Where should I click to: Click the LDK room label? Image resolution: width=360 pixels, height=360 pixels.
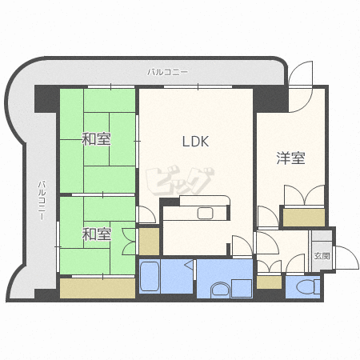(195, 142)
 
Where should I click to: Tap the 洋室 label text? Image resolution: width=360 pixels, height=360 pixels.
(290, 158)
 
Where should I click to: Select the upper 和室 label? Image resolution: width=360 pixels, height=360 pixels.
(96, 139)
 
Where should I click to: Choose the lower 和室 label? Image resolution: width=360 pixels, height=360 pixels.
(96, 234)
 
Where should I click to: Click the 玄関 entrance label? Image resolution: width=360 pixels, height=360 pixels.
(322, 256)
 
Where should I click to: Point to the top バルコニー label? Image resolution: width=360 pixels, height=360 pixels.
(168, 72)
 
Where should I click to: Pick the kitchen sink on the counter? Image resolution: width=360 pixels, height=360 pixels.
(203, 213)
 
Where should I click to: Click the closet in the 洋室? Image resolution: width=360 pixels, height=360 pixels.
(304, 217)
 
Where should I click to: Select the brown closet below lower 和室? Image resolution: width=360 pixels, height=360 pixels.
(97, 288)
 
